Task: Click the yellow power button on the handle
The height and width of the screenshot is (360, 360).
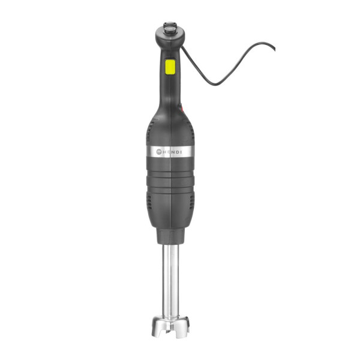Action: click(x=169, y=67)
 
